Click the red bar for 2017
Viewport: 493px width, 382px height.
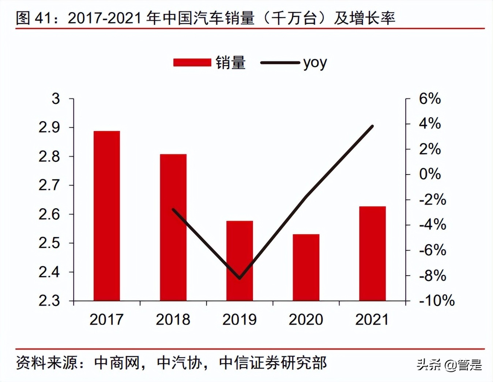tap(106, 216)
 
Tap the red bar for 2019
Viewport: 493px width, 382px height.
tap(240, 261)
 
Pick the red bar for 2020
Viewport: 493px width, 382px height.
tap(306, 267)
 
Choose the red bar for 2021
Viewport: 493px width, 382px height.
tap(372, 254)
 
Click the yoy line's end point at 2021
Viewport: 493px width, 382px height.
tap(372, 126)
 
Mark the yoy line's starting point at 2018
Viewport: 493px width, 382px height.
tap(173, 209)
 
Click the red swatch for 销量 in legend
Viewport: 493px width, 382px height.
tap(192, 63)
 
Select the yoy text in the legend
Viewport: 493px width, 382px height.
tap(315, 63)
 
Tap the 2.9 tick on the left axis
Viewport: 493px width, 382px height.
tap(49, 127)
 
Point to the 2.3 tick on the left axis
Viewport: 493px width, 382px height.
tap(49, 301)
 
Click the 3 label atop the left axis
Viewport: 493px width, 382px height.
tap(56, 98)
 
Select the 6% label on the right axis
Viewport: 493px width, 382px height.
tap(430, 98)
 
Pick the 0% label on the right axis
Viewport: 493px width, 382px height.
tap(430, 174)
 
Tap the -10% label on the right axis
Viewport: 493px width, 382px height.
tap(437, 301)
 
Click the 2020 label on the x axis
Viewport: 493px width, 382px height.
tap(306, 319)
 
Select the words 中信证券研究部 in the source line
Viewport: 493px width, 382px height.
tap(273, 363)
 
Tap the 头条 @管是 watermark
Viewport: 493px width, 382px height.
tap(449, 365)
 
